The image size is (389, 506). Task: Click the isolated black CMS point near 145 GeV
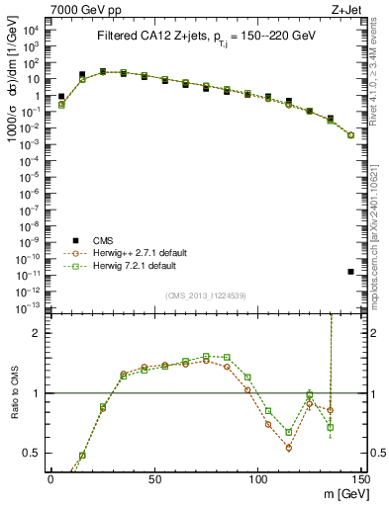[351, 271]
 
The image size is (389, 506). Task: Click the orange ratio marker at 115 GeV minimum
[289, 448]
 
